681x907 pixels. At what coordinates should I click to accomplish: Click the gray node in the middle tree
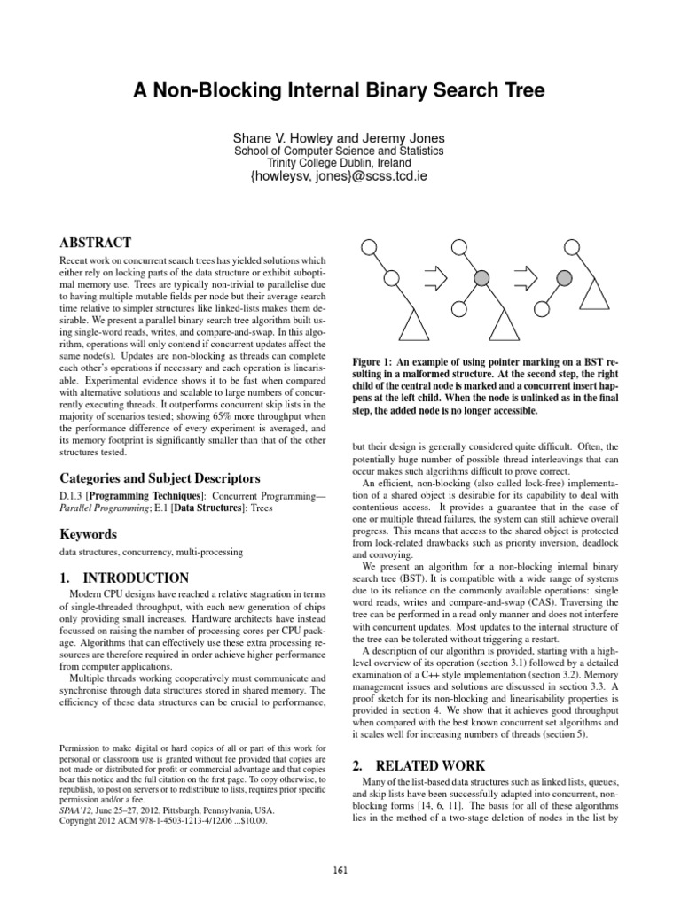(x=481, y=279)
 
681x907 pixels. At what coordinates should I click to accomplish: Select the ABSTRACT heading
(x=96, y=243)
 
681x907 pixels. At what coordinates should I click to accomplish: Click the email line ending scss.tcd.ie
(x=340, y=177)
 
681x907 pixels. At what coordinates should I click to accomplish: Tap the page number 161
(x=340, y=869)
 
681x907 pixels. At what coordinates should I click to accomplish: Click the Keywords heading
(x=89, y=534)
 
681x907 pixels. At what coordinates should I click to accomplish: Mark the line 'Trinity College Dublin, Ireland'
(x=340, y=163)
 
